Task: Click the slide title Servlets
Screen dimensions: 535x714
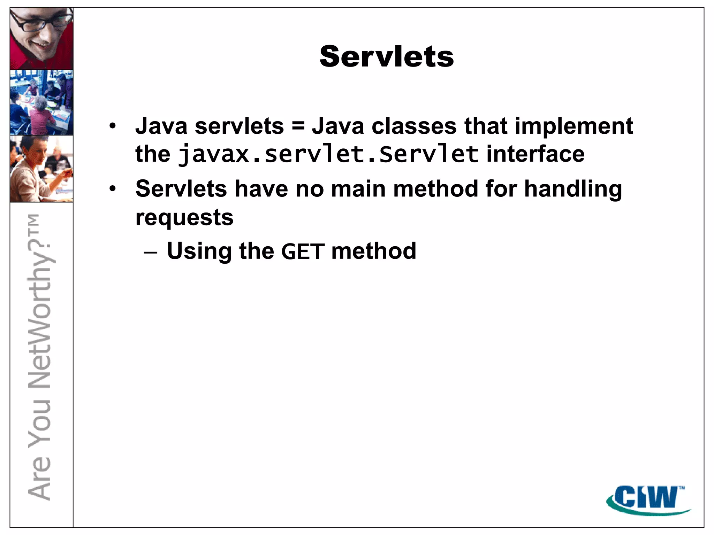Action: point(387,56)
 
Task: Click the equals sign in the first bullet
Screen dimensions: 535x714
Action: point(298,126)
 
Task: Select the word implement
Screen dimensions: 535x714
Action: point(574,126)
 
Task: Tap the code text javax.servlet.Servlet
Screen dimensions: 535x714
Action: point(328,154)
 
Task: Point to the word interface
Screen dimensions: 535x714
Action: point(535,154)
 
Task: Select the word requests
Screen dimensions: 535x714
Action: point(184,218)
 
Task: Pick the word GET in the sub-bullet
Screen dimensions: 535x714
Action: point(303,251)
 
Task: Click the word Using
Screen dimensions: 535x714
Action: point(199,251)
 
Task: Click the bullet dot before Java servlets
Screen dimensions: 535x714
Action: point(112,126)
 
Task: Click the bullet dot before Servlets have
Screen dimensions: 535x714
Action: point(112,189)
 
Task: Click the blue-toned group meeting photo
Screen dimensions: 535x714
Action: point(41,102)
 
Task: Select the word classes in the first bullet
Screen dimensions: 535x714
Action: point(414,126)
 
